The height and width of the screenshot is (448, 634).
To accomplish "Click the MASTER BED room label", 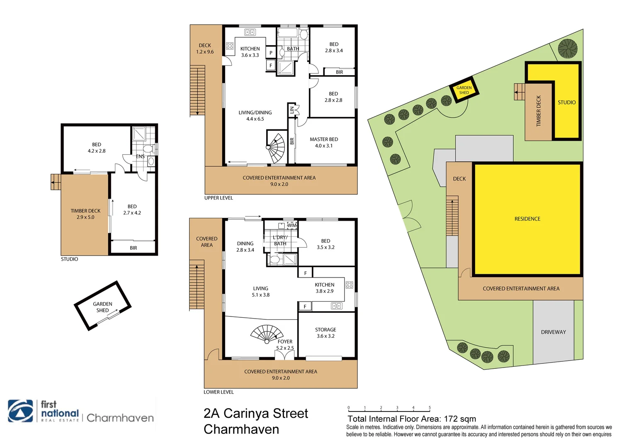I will point(323,142).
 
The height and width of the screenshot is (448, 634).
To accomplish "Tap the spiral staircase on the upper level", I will point(276,148).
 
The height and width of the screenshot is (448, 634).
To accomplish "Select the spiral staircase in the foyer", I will point(267,334).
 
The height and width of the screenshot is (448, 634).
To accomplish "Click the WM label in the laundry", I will point(292,225).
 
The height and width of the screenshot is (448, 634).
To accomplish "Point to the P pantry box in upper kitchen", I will point(271,53).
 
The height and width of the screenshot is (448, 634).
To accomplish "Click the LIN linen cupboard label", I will point(292,110).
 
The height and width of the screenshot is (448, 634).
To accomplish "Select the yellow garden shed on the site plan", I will point(464,90).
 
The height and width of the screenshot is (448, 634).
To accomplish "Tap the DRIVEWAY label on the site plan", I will point(553,332).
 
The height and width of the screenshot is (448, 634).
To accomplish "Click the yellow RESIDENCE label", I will point(527,219).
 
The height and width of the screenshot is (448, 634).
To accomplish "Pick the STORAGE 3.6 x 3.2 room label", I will point(326,333).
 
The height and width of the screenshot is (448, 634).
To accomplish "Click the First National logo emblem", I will point(21,411).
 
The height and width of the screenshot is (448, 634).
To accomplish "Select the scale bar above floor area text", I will point(389,410).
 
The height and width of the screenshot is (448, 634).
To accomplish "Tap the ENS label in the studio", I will point(140,156).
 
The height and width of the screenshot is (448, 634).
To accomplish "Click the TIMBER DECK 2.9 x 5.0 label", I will point(85,214).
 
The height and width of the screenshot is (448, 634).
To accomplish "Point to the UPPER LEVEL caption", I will point(219,198).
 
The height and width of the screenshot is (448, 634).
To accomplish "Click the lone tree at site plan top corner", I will point(567,48).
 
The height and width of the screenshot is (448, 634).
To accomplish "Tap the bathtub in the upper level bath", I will point(287,33).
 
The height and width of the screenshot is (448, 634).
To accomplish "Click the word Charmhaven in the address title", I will point(241,429).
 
